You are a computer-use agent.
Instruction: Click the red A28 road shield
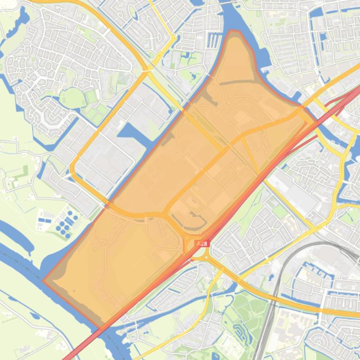coord(202,244)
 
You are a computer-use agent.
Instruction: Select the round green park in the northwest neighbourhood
coord(73,98)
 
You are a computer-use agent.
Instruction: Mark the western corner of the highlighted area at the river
coord(44,281)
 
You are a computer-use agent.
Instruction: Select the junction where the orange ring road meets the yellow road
coord(147,70)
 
